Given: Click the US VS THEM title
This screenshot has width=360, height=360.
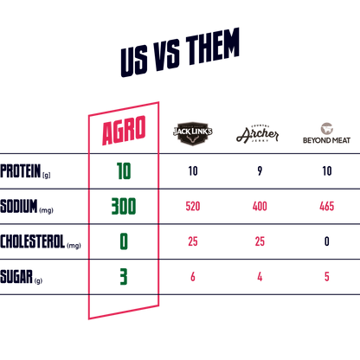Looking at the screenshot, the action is tap(180, 53).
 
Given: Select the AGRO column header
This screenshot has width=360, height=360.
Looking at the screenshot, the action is tap(124, 131).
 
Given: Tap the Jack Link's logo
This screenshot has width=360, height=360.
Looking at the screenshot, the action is tap(193, 133).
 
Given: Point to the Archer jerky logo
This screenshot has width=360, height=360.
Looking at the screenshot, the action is tap(258, 134).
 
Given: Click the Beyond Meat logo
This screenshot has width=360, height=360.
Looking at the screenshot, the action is tap(326, 133).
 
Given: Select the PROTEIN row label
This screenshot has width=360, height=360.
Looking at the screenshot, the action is tap(25, 171).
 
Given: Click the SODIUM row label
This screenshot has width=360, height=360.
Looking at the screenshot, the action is tap(27, 206).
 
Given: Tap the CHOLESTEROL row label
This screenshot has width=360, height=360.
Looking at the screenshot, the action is tap(41, 241).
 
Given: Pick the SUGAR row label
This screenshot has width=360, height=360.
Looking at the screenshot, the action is tap(22, 277).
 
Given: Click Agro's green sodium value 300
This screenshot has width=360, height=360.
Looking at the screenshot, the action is tap(124, 206).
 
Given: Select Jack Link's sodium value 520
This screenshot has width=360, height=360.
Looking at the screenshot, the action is tap(193, 206).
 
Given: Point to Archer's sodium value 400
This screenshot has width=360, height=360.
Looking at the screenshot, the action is tap(260, 206).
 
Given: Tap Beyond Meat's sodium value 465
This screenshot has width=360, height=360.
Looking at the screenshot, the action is tap(327, 206).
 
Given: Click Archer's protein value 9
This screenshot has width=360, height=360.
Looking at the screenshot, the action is tap(260, 171).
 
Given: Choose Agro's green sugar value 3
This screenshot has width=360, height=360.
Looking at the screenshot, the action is tap(124, 277).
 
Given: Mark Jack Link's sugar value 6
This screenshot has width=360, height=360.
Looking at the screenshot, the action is tap(193, 277).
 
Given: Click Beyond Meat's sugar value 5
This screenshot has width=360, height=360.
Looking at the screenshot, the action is tap(327, 277).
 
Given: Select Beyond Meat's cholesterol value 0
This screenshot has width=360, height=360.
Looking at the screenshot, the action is tap(327, 241).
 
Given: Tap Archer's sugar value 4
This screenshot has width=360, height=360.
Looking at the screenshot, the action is tap(260, 277).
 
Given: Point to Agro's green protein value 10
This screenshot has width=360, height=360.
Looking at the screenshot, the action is tap(124, 171).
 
